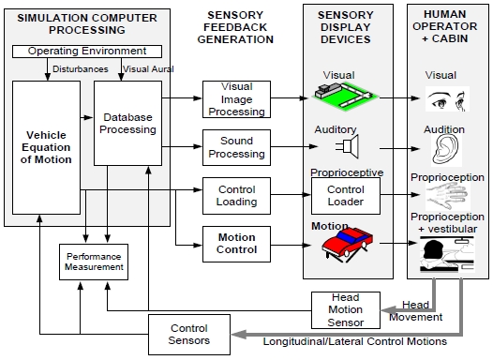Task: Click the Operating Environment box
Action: pos(87,52)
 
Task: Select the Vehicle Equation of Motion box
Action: pos(46,147)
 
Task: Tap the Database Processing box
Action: pos(128,123)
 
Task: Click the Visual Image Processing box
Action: pos(236,99)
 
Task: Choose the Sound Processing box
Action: pos(236,147)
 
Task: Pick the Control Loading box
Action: pos(236,196)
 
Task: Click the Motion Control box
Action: pos(236,244)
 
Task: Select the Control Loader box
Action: pos(346,196)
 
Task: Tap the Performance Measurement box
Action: pos(94,262)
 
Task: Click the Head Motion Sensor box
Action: pos(346,310)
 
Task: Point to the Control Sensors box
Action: pos(189,335)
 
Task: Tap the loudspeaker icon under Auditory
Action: pos(348,146)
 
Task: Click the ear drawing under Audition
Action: pos(445,150)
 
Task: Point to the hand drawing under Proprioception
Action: pos(447,196)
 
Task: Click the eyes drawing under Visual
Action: pos(447,99)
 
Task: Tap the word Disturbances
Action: pos(81,69)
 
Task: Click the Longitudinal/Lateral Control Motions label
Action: pos(354,341)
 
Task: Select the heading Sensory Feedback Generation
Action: pos(235,27)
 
